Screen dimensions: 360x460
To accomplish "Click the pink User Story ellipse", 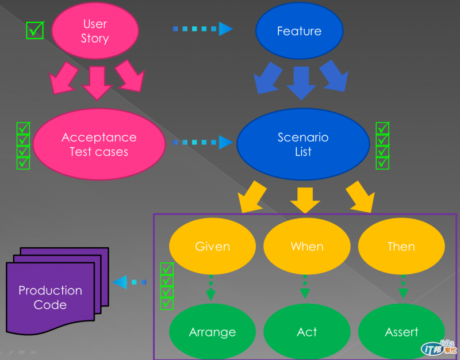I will pos(95,31).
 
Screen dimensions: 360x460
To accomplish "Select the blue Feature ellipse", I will pos(299,31).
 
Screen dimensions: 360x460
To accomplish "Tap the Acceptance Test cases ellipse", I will pos(99,144).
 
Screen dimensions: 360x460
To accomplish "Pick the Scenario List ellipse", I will pos(303,144).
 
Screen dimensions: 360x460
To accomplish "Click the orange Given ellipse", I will pos(212,246).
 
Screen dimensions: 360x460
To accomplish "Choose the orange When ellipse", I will pos(306,246).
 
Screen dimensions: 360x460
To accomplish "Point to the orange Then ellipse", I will pos(401,246).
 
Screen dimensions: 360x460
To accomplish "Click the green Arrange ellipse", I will pos(212,332).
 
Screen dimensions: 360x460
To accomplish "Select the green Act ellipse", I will pos(306,332).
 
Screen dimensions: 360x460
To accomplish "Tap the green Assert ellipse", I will pos(401,332).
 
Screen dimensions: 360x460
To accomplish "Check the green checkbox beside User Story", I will pos(35,30).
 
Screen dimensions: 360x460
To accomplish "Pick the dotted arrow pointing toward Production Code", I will pos(129,282).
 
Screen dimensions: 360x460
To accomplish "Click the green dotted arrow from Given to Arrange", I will pos(211,288).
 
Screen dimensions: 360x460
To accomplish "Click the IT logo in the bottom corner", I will pos(440,347).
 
